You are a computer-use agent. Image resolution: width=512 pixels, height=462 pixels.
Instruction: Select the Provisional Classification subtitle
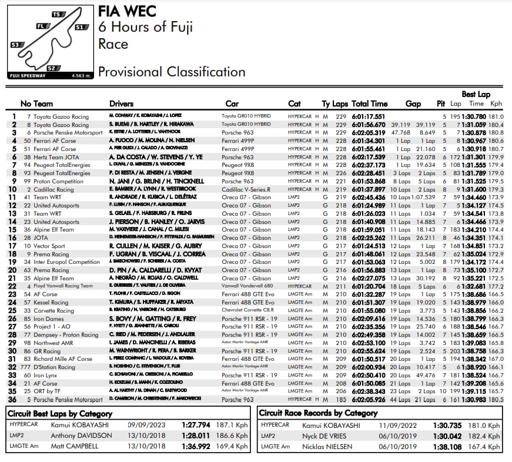171,72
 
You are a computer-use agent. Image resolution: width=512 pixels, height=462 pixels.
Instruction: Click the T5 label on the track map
57,14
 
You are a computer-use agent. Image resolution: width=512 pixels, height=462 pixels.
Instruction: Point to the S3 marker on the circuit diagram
15,45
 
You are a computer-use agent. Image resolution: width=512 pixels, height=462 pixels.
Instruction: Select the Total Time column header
369,104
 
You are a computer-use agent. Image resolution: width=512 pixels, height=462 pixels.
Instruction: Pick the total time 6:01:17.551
369,117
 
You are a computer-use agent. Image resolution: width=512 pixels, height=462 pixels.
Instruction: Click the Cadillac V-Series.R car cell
246,189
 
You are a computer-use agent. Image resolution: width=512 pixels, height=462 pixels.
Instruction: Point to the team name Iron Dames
49,318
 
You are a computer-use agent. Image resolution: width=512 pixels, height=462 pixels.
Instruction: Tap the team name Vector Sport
49,246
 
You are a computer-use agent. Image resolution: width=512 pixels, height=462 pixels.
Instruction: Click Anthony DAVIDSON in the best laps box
81,436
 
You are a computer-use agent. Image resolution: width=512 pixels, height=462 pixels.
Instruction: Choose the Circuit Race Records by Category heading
318,413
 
